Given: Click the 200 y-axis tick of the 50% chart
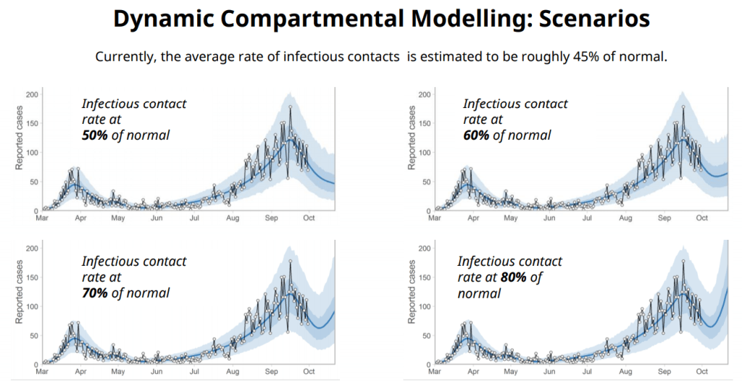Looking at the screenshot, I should point(32,94).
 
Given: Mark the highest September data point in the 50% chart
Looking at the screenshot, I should point(290,107).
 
